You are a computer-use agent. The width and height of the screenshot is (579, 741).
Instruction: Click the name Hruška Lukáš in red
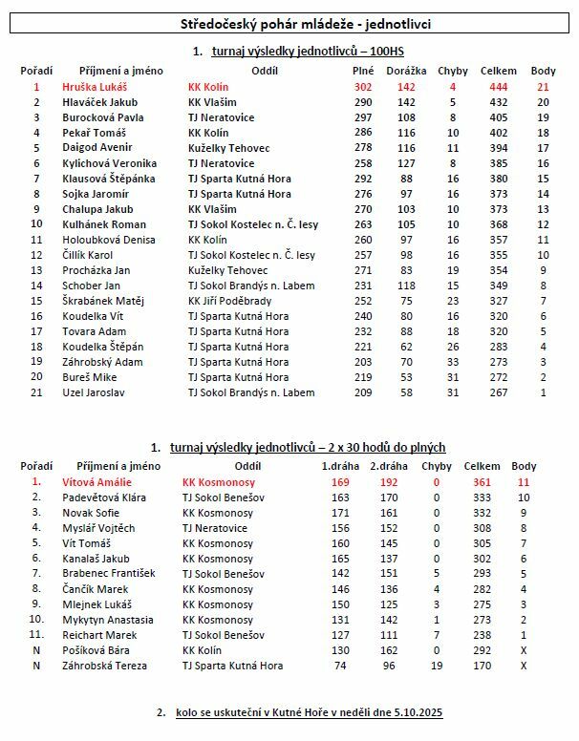coord(95,86)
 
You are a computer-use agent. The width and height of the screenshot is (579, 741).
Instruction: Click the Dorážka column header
coord(405,71)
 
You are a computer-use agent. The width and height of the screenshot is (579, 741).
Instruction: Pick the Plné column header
coord(363,71)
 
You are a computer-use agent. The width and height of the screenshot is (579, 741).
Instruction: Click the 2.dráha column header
coord(389,467)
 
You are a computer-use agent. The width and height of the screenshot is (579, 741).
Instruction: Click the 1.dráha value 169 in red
coord(340,482)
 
